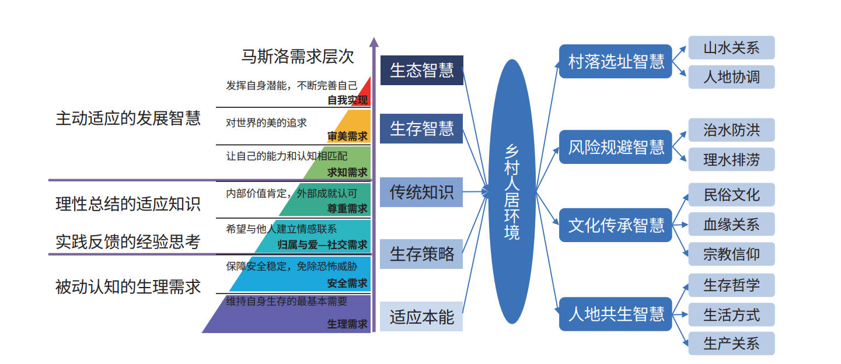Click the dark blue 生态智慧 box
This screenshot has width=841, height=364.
pyautogui.click(x=421, y=70)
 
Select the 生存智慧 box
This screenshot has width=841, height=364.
pyautogui.click(x=421, y=128)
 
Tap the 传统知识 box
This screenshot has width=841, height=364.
pyautogui.click(x=421, y=192)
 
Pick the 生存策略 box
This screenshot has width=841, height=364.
pyautogui.click(x=421, y=254)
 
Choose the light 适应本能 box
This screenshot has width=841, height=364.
pyautogui.click(x=421, y=316)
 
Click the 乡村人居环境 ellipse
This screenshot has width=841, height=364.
pyautogui.click(x=512, y=191)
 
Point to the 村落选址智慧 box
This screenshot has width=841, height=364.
pyautogui.click(x=615, y=61)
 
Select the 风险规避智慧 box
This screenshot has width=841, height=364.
pyautogui.click(x=615, y=147)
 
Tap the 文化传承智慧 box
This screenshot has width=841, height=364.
pyautogui.click(x=615, y=225)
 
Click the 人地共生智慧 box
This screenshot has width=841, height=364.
pyautogui.click(x=615, y=314)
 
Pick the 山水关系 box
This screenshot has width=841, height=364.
pyautogui.click(x=731, y=48)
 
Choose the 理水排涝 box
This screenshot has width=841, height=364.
pyautogui.click(x=731, y=159)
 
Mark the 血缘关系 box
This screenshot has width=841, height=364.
pyautogui.click(x=731, y=225)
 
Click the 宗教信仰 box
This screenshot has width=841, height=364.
pyautogui.click(x=731, y=254)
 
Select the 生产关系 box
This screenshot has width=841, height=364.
pyautogui.click(x=731, y=344)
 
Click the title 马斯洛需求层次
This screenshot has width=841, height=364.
pyautogui.click(x=297, y=57)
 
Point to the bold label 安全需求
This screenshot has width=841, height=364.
pyautogui.click(x=347, y=283)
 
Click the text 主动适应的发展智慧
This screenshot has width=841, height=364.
pyautogui.click(x=128, y=118)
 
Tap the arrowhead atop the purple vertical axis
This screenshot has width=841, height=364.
pyautogui.click(x=374, y=42)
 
